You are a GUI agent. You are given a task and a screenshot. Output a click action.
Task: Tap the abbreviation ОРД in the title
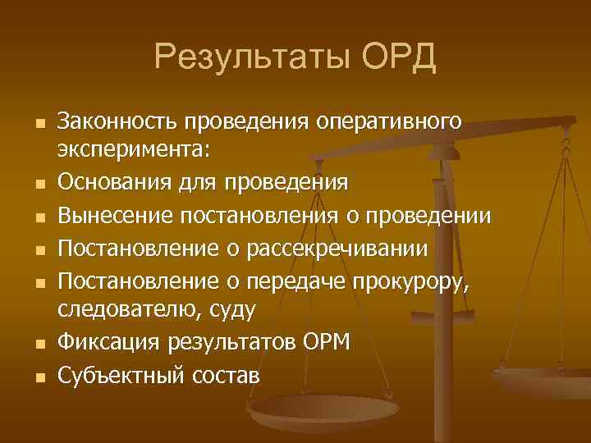(x=398, y=59)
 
